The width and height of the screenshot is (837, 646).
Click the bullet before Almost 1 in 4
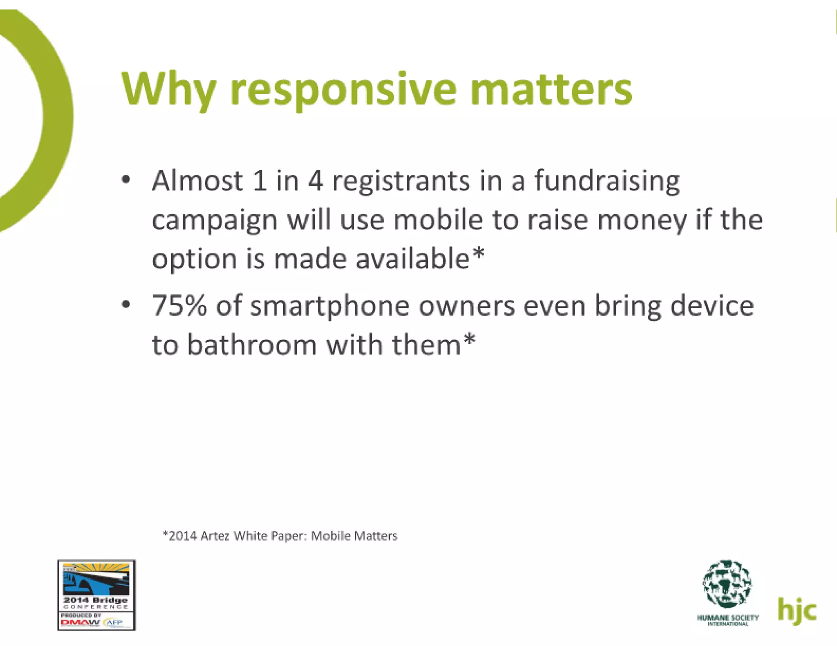click(x=126, y=180)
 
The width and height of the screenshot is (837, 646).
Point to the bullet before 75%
click(x=126, y=305)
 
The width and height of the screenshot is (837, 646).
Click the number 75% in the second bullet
click(x=179, y=305)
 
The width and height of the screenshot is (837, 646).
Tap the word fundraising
click(x=607, y=181)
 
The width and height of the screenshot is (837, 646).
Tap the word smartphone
click(x=329, y=306)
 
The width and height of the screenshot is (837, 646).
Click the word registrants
click(x=401, y=181)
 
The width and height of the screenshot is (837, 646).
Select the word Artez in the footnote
click(x=215, y=536)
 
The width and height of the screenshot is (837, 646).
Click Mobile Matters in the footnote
click(x=354, y=536)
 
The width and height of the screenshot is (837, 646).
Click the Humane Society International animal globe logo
click(x=727, y=584)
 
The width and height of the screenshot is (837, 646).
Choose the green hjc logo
click(x=797, y=611)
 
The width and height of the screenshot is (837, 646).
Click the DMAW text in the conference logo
click(x=80, y=623)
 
